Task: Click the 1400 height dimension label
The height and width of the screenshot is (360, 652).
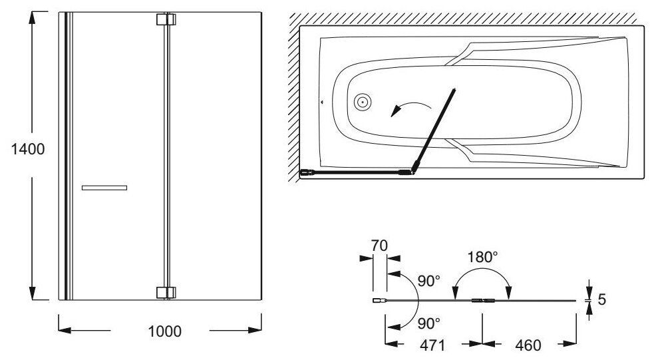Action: (28, 149)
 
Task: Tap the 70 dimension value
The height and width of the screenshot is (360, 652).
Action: (379, 245)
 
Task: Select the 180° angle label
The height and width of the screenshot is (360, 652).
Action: (482, 257)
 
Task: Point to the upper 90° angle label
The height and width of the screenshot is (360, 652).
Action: (429, 280)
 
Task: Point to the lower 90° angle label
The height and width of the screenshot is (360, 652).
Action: (429, 323)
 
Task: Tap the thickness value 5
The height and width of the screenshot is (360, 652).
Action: (601, 299)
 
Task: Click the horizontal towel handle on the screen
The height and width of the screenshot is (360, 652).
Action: (104, 188)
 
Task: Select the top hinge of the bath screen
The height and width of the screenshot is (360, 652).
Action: (165, 19)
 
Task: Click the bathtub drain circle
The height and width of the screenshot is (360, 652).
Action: (363, 102)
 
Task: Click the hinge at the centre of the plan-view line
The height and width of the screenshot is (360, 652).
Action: (481, 300)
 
